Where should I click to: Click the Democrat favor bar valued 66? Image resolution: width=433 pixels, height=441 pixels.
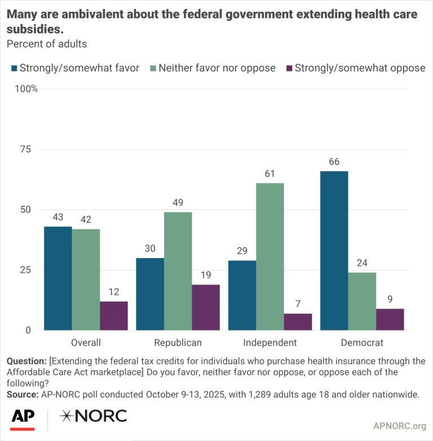pyautogui.click(x=334, y=250)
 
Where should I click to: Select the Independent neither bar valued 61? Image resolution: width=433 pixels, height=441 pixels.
pyautogui.click(x=270, y=256)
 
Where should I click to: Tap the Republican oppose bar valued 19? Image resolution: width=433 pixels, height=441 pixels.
pyautogui.click(x=206, y=307)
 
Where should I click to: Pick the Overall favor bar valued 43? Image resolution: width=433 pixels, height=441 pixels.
pyautogui.click(x=58, y=278)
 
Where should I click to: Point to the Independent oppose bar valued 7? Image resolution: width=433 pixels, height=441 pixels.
pyautogui.click(x=298, y=322)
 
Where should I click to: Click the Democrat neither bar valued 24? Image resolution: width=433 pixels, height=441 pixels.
pyautogui.click(x=362, y=301)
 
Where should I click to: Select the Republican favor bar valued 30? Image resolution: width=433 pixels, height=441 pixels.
pyautogui.click(x=150, y=293)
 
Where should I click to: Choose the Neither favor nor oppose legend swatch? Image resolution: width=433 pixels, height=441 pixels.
pyautogui.click(x=152, y=68)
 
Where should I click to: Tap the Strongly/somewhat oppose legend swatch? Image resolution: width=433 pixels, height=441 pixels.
pyautogui.click(x=289, y=68)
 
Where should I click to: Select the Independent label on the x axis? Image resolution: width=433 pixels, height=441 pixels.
pyautogui.click(x=269, y=342)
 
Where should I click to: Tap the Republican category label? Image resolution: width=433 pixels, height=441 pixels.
pyautogui.click(x=178, y=342)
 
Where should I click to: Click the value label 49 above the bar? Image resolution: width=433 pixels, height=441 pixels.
pyautogui.click(x=178, y=202)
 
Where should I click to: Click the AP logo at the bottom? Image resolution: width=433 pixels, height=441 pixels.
pyautogui.click(x=23, y=417)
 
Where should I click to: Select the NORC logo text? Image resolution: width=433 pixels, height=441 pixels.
pyautogui.click(x=94, y=416)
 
